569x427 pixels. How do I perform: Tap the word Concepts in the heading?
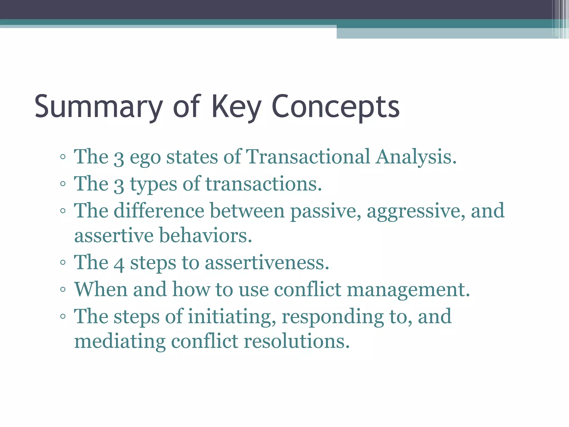coord(335,107)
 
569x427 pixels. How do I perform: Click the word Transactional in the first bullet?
coord(308,157)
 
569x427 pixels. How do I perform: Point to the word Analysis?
coord(416,157)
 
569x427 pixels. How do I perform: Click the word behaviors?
coord(205,236)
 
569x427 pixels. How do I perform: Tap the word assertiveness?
coord(267,263)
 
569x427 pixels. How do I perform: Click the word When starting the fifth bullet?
coord(101,289)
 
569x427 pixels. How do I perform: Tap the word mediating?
coord(120,341)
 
